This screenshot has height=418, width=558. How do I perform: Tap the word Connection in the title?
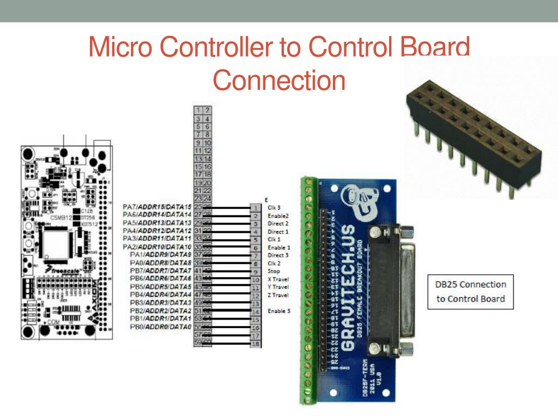pos(279,80)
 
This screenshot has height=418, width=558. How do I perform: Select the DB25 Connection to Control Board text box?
pos(471,291)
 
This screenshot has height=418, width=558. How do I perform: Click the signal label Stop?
pos(274,271)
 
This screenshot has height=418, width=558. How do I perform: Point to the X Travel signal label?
pos(278,279)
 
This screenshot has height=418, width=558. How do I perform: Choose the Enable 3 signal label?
pos(278,311)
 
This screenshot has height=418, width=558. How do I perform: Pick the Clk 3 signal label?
pos(274,208)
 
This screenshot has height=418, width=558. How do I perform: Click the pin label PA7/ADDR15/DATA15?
pos(157,207)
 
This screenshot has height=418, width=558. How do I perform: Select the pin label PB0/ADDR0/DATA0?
pos(161,327)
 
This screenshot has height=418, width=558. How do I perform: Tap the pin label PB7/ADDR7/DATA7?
pos(161,271)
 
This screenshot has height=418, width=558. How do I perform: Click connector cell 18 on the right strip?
pos(255,344)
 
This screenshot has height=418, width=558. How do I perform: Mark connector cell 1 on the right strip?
pos(255,208)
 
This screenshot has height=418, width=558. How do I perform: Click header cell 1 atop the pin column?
pos(199,110)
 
